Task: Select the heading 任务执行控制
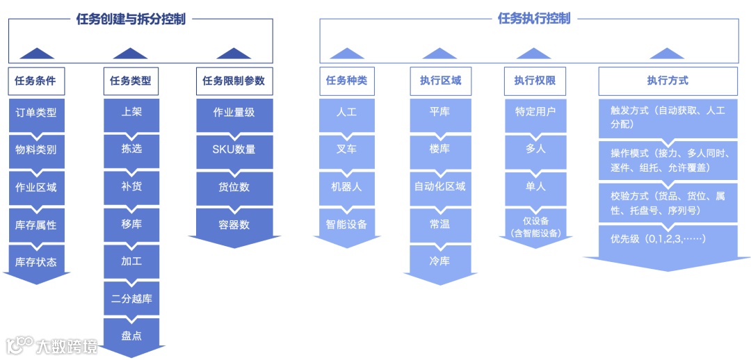pos(533,19)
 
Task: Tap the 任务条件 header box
pos(36,81)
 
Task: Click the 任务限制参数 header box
pos(234,81)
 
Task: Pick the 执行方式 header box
pos(668,81)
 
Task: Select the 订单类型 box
pos(36,112)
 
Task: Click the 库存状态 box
pos(36,262)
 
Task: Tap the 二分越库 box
pos(131,299)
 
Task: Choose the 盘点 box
pos(131,336)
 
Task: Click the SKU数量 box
pos(234,149)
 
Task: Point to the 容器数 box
pos(234,224)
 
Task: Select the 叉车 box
pos(346,149)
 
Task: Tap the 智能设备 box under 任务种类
pos(346,224)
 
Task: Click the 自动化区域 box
pos(439,187)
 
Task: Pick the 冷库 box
pos(439,261)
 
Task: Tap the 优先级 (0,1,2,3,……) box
pos(668,239)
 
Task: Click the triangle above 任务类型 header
pos(130,54)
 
